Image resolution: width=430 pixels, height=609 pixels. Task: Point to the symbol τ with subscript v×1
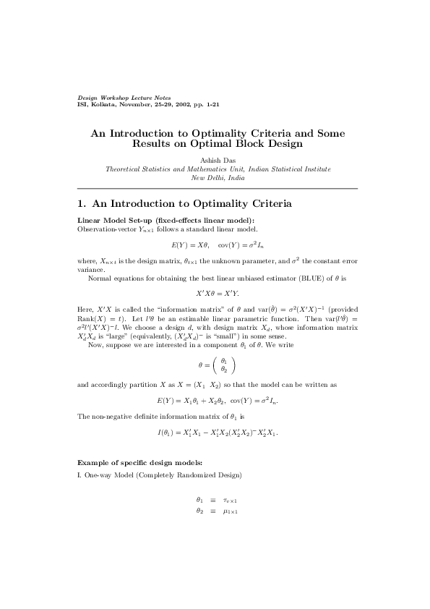coord(231,500)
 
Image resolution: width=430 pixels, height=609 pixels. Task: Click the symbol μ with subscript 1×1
coord(231,511)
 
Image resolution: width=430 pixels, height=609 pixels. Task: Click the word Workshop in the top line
coord(116,97)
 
